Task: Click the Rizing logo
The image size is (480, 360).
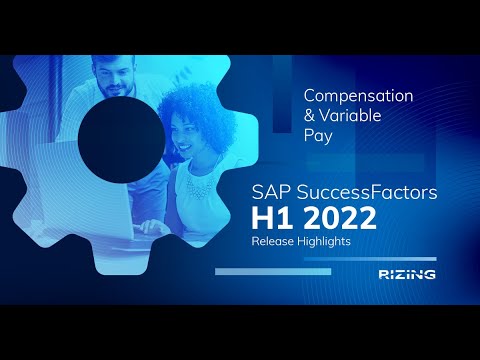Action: click(406, 273)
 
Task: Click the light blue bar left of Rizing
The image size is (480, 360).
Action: click(259, 271)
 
